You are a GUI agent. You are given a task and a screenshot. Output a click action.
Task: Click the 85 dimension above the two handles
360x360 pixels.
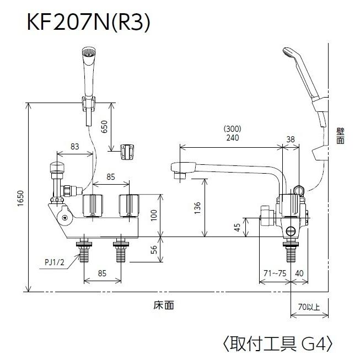tap(110, 177)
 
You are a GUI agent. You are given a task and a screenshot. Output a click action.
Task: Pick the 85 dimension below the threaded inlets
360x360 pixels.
tap(103, 272)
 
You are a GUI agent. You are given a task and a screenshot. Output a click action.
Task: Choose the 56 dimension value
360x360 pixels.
tap(154, 250)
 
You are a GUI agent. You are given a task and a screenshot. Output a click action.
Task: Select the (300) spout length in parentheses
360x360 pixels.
tap(232, 130)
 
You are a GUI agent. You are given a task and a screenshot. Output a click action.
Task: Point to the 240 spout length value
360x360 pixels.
tap(232, 138)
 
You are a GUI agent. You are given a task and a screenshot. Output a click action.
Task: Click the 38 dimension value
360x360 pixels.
tap(291, 139)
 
